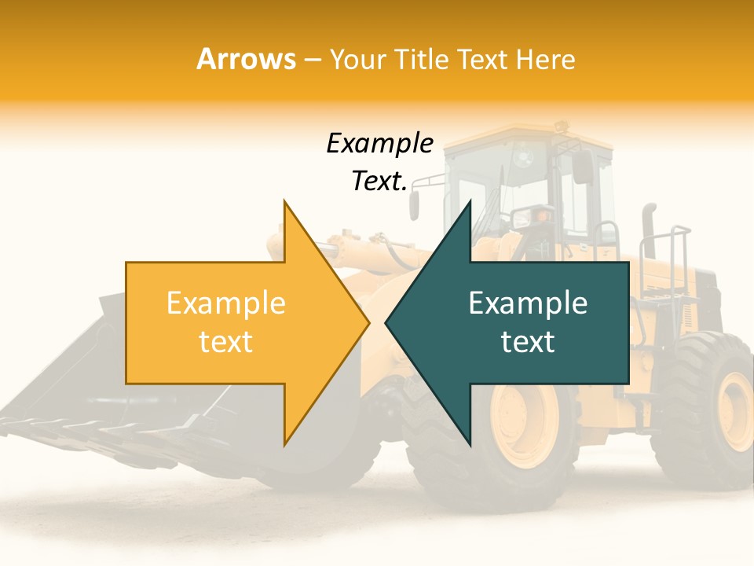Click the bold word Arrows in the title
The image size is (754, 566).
pyautogui.click(x=246, y=59)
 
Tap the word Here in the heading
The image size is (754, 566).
pyautogui.click(x=544, y=59)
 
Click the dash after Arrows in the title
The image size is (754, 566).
pyautogui.click(x=313, y=60)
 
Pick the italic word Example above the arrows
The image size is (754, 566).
pyautogui.click(x=379, y=144)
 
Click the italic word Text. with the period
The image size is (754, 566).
pyautogui.click(x=379, y=181)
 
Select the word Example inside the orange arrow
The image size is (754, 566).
pyautogui.click(x=226, y=303)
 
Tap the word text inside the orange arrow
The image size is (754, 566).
pyautogui.click(x=226, y=342)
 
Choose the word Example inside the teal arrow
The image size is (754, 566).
pyautogui.click(x=528, y=303)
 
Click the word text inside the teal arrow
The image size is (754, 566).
pyautogui.click(x=528, y=342)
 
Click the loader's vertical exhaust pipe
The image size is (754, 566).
pyautogui.click(x=649, y=228)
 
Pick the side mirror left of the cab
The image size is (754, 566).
pyautogui.click(x=414, y=205)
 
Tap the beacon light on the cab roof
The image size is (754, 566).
pyautogui.click(x=559, y=125)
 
